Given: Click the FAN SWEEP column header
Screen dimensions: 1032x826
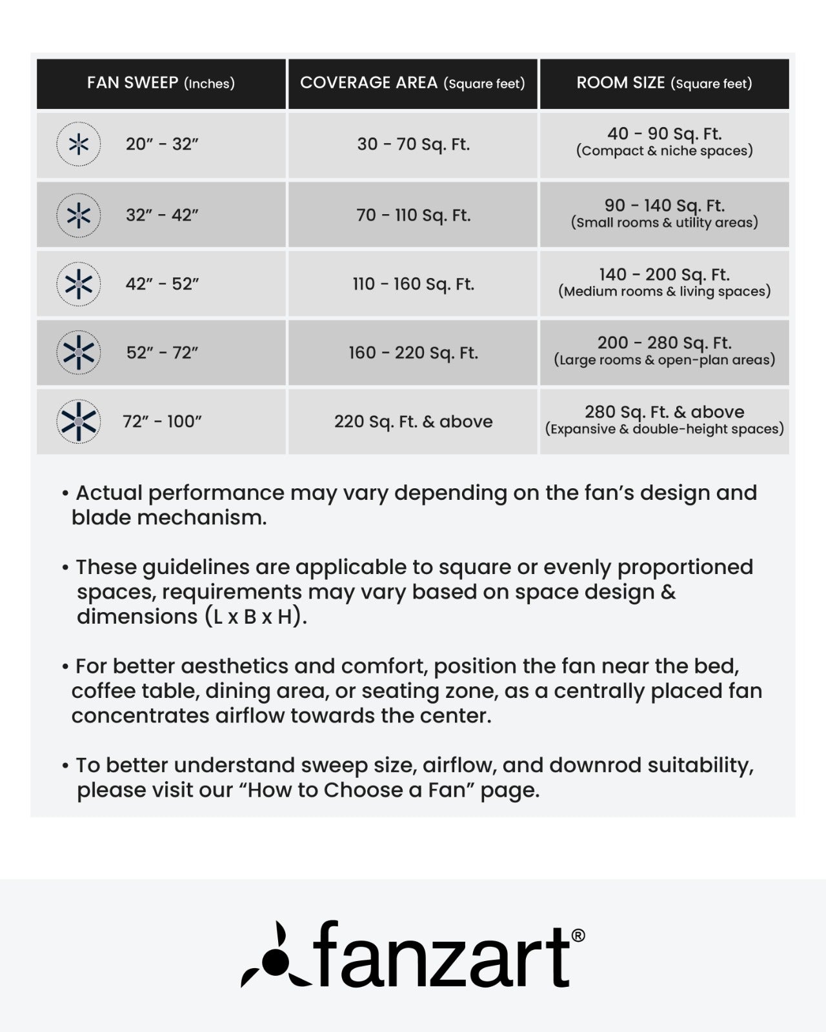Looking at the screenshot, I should [161, 83].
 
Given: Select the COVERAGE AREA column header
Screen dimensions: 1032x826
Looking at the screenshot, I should [412, 83].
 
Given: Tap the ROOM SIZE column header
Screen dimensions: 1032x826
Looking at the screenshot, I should [664, 83].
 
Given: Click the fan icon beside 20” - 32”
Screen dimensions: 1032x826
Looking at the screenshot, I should [78, 144].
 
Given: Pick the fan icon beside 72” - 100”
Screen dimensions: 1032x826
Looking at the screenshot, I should [78, 421].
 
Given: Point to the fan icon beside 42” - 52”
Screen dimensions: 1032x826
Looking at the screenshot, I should [78, 284].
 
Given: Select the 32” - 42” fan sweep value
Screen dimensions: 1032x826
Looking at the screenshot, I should [162, 215].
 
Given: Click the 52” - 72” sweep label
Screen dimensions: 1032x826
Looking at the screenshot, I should [162, 353].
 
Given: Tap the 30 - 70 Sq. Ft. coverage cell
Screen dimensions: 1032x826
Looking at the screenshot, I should [413, 144].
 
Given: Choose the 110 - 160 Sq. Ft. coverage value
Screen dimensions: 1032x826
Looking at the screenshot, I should [413, 284].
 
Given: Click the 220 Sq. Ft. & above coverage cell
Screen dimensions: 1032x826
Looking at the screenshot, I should [413, 422].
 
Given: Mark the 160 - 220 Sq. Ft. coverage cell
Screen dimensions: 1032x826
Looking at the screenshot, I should [413, 353].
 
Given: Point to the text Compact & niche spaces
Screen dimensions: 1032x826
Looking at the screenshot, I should [664, 152].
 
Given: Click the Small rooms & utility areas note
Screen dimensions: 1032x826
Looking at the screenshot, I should [664, 223].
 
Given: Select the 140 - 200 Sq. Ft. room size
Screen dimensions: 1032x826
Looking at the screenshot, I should [664, 275].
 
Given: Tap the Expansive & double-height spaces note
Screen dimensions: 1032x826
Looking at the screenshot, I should [664, 430].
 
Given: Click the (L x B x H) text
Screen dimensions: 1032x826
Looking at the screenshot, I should [256, 617].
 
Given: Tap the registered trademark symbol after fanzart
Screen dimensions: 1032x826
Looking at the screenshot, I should [578, 935].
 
